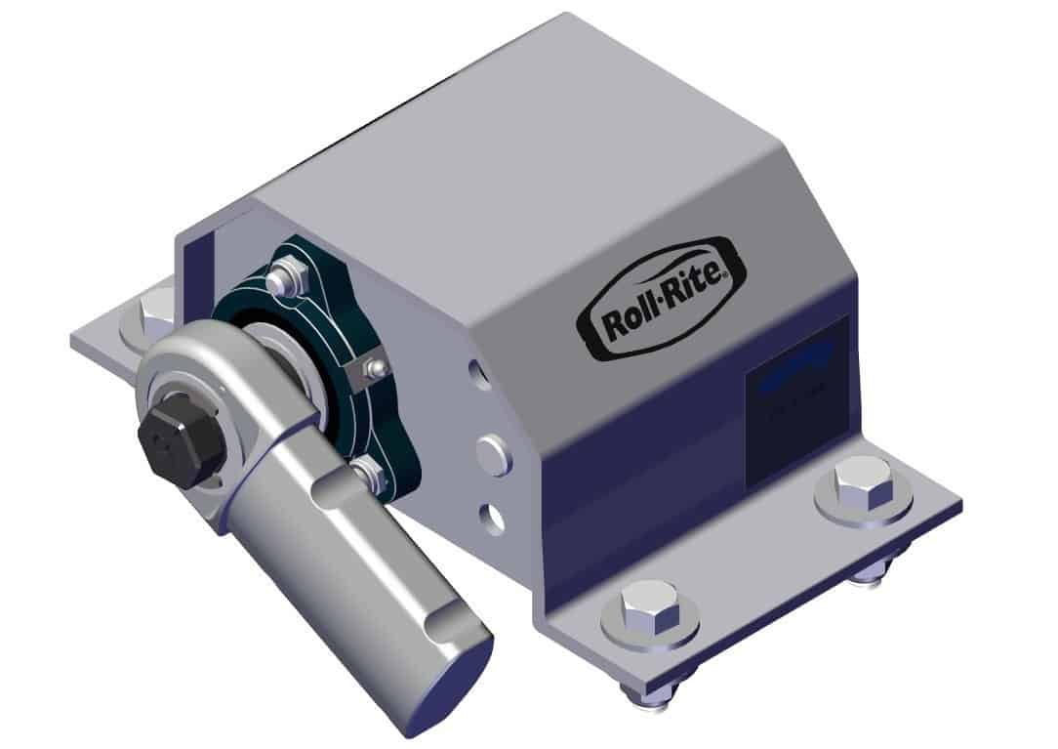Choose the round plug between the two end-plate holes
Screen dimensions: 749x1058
(x=493, y=454)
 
